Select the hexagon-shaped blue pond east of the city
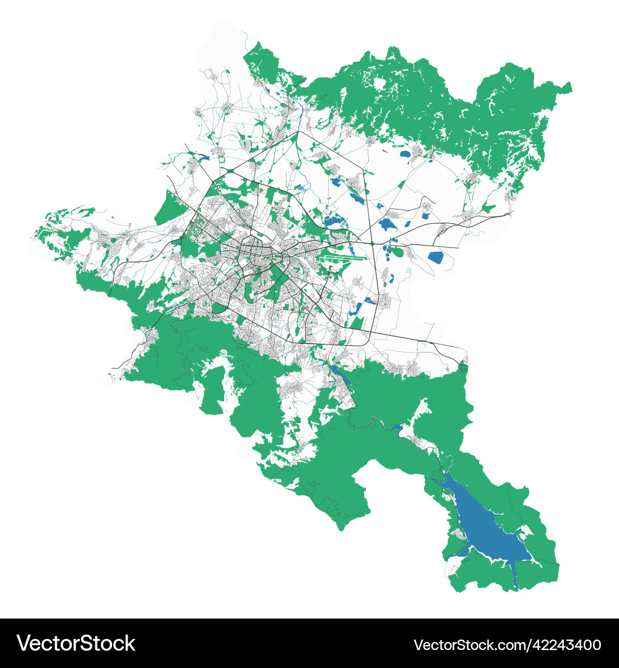436,257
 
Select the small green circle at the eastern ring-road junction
371,244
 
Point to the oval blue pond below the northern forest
405,154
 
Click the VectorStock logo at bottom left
76,643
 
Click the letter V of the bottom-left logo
25,643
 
